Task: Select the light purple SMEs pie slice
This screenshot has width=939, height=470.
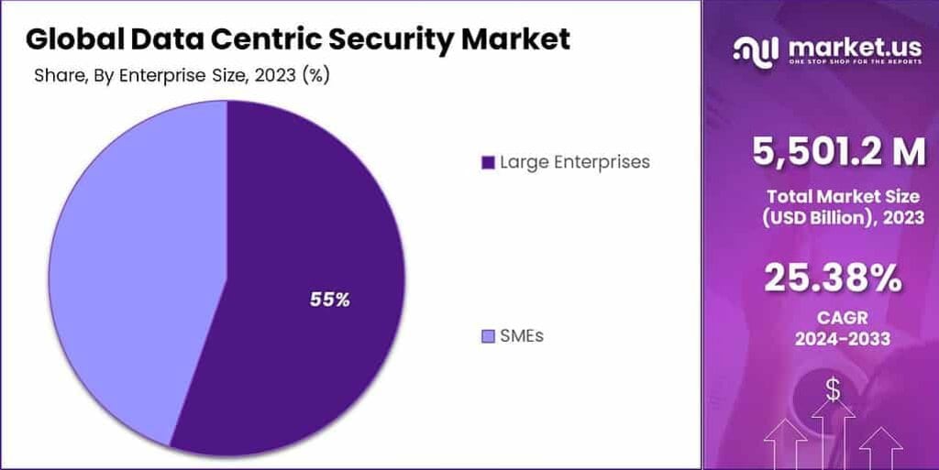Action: [119, 275]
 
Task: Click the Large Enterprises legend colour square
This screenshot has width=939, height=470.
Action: [488, 163]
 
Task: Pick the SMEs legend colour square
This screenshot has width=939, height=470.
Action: [488, 336]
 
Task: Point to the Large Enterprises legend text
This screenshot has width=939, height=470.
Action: [574, 162]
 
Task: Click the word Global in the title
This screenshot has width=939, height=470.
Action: [76, 39]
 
